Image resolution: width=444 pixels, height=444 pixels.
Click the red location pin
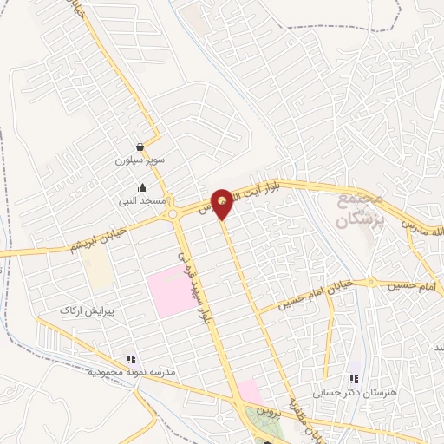point(223,201)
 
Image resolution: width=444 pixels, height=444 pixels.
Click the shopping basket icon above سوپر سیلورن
point(140,147)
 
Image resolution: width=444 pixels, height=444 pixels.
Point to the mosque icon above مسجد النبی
point(142,187)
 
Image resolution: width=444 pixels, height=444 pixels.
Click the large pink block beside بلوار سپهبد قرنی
point(173,292)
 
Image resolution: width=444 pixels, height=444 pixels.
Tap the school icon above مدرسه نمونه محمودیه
point(131,357)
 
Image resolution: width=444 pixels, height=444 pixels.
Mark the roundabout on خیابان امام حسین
point(371,282)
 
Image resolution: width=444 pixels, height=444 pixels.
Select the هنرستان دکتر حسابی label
point(352,393)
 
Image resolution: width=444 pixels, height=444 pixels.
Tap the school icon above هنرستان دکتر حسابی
point(353,379)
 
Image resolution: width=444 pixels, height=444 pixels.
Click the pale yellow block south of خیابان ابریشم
point(99,272)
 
